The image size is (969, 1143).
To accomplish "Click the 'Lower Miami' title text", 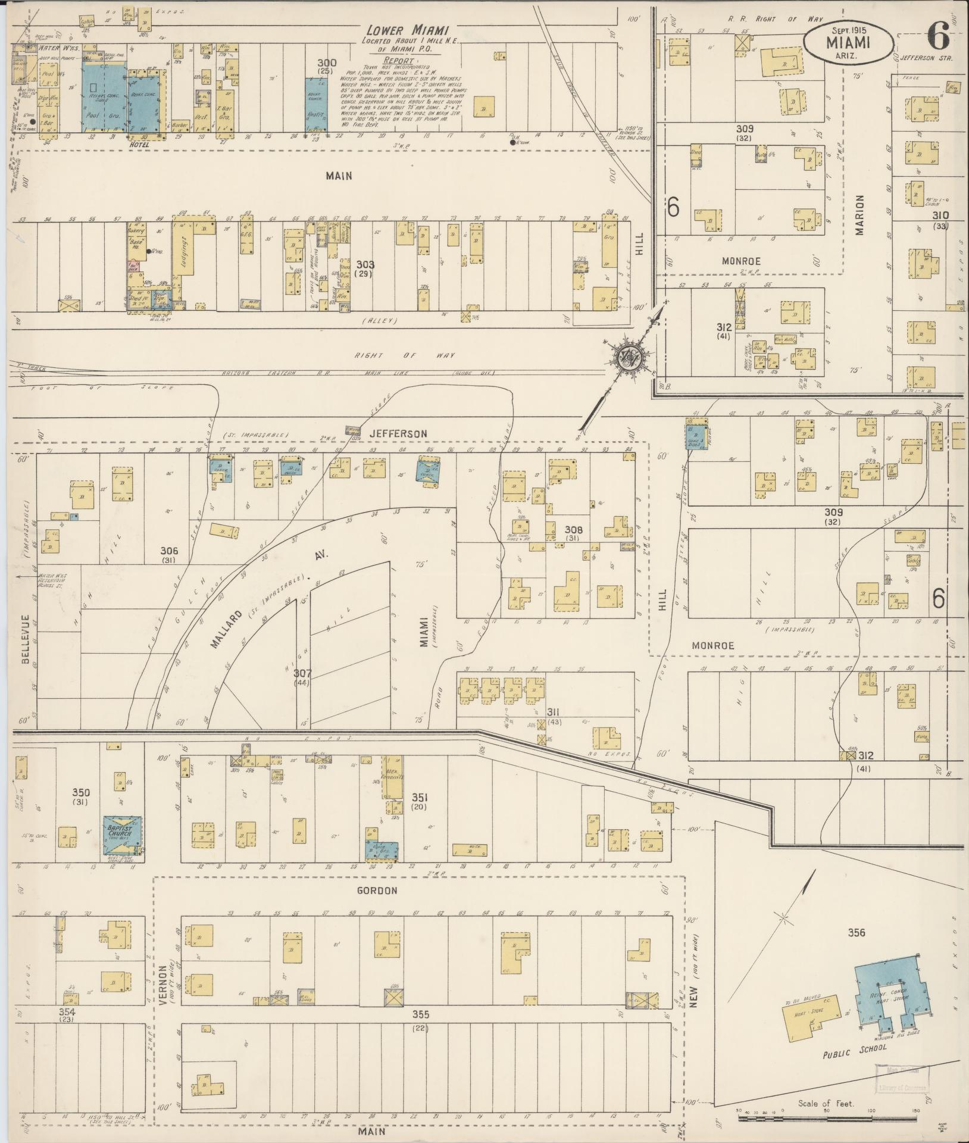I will tap(407, 30).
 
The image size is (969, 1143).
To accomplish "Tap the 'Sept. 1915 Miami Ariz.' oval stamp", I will tap(848, 40).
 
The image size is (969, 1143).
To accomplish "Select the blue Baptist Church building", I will tap(123, 833).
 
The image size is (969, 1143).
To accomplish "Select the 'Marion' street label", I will tap(859, 215).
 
